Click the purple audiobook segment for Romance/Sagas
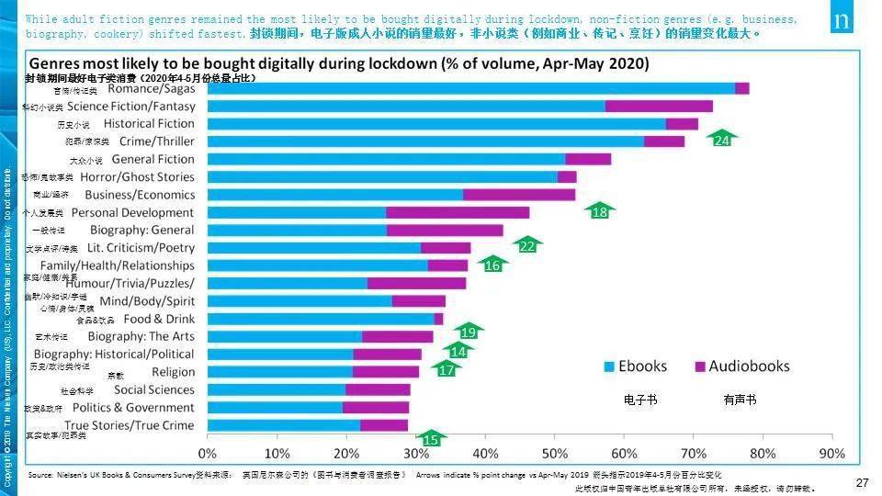point(742,88)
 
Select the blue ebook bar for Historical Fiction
point(436,124)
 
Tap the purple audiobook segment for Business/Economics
point(519,195)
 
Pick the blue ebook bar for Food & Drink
point(321,319)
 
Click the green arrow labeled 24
point(722,139)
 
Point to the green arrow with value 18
point(600,210)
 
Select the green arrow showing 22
point(527,245)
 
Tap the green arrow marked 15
point(430,439)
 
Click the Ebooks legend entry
point(635,366)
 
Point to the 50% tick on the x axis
point(554,454)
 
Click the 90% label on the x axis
point(831,454)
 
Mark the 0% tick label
point(208,454)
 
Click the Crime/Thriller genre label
point(157,141)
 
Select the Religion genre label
point(174,372)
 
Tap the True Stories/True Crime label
point(130,425)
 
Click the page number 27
point(862,483)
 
